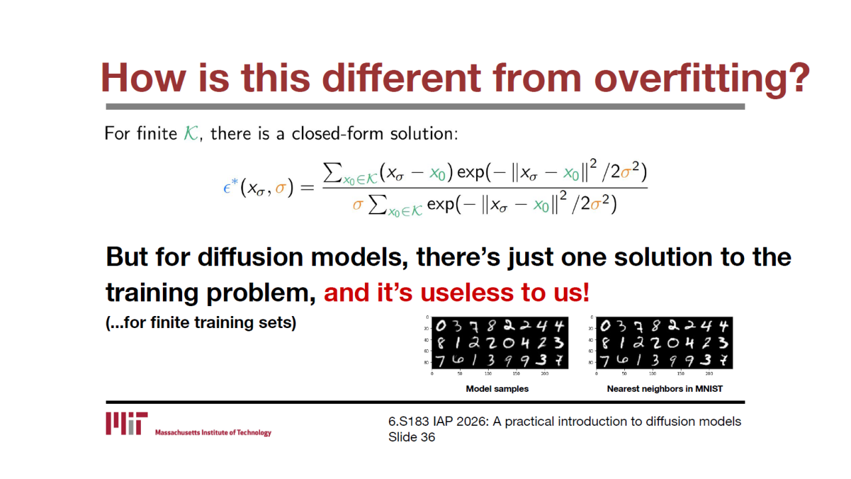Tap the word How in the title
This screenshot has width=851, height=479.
coord(143,78)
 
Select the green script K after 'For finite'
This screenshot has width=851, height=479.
coord(191,134)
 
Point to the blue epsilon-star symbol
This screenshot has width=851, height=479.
coord(230,186)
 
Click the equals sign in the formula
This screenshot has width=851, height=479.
coord(307,188)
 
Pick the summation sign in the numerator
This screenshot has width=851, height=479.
coord(332,172)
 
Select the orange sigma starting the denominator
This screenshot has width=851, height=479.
coord(358,205)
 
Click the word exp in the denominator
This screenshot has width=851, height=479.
coord(440,205)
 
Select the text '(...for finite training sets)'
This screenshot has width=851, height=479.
coord(201,323)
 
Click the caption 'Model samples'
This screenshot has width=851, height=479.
coord(497,389)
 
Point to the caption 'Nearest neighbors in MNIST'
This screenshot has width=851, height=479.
coord(664,389)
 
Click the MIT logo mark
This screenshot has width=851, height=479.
coord(126,423)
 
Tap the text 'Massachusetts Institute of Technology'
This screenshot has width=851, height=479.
coord(213,432)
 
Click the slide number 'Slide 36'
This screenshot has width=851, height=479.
coord(412,437)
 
